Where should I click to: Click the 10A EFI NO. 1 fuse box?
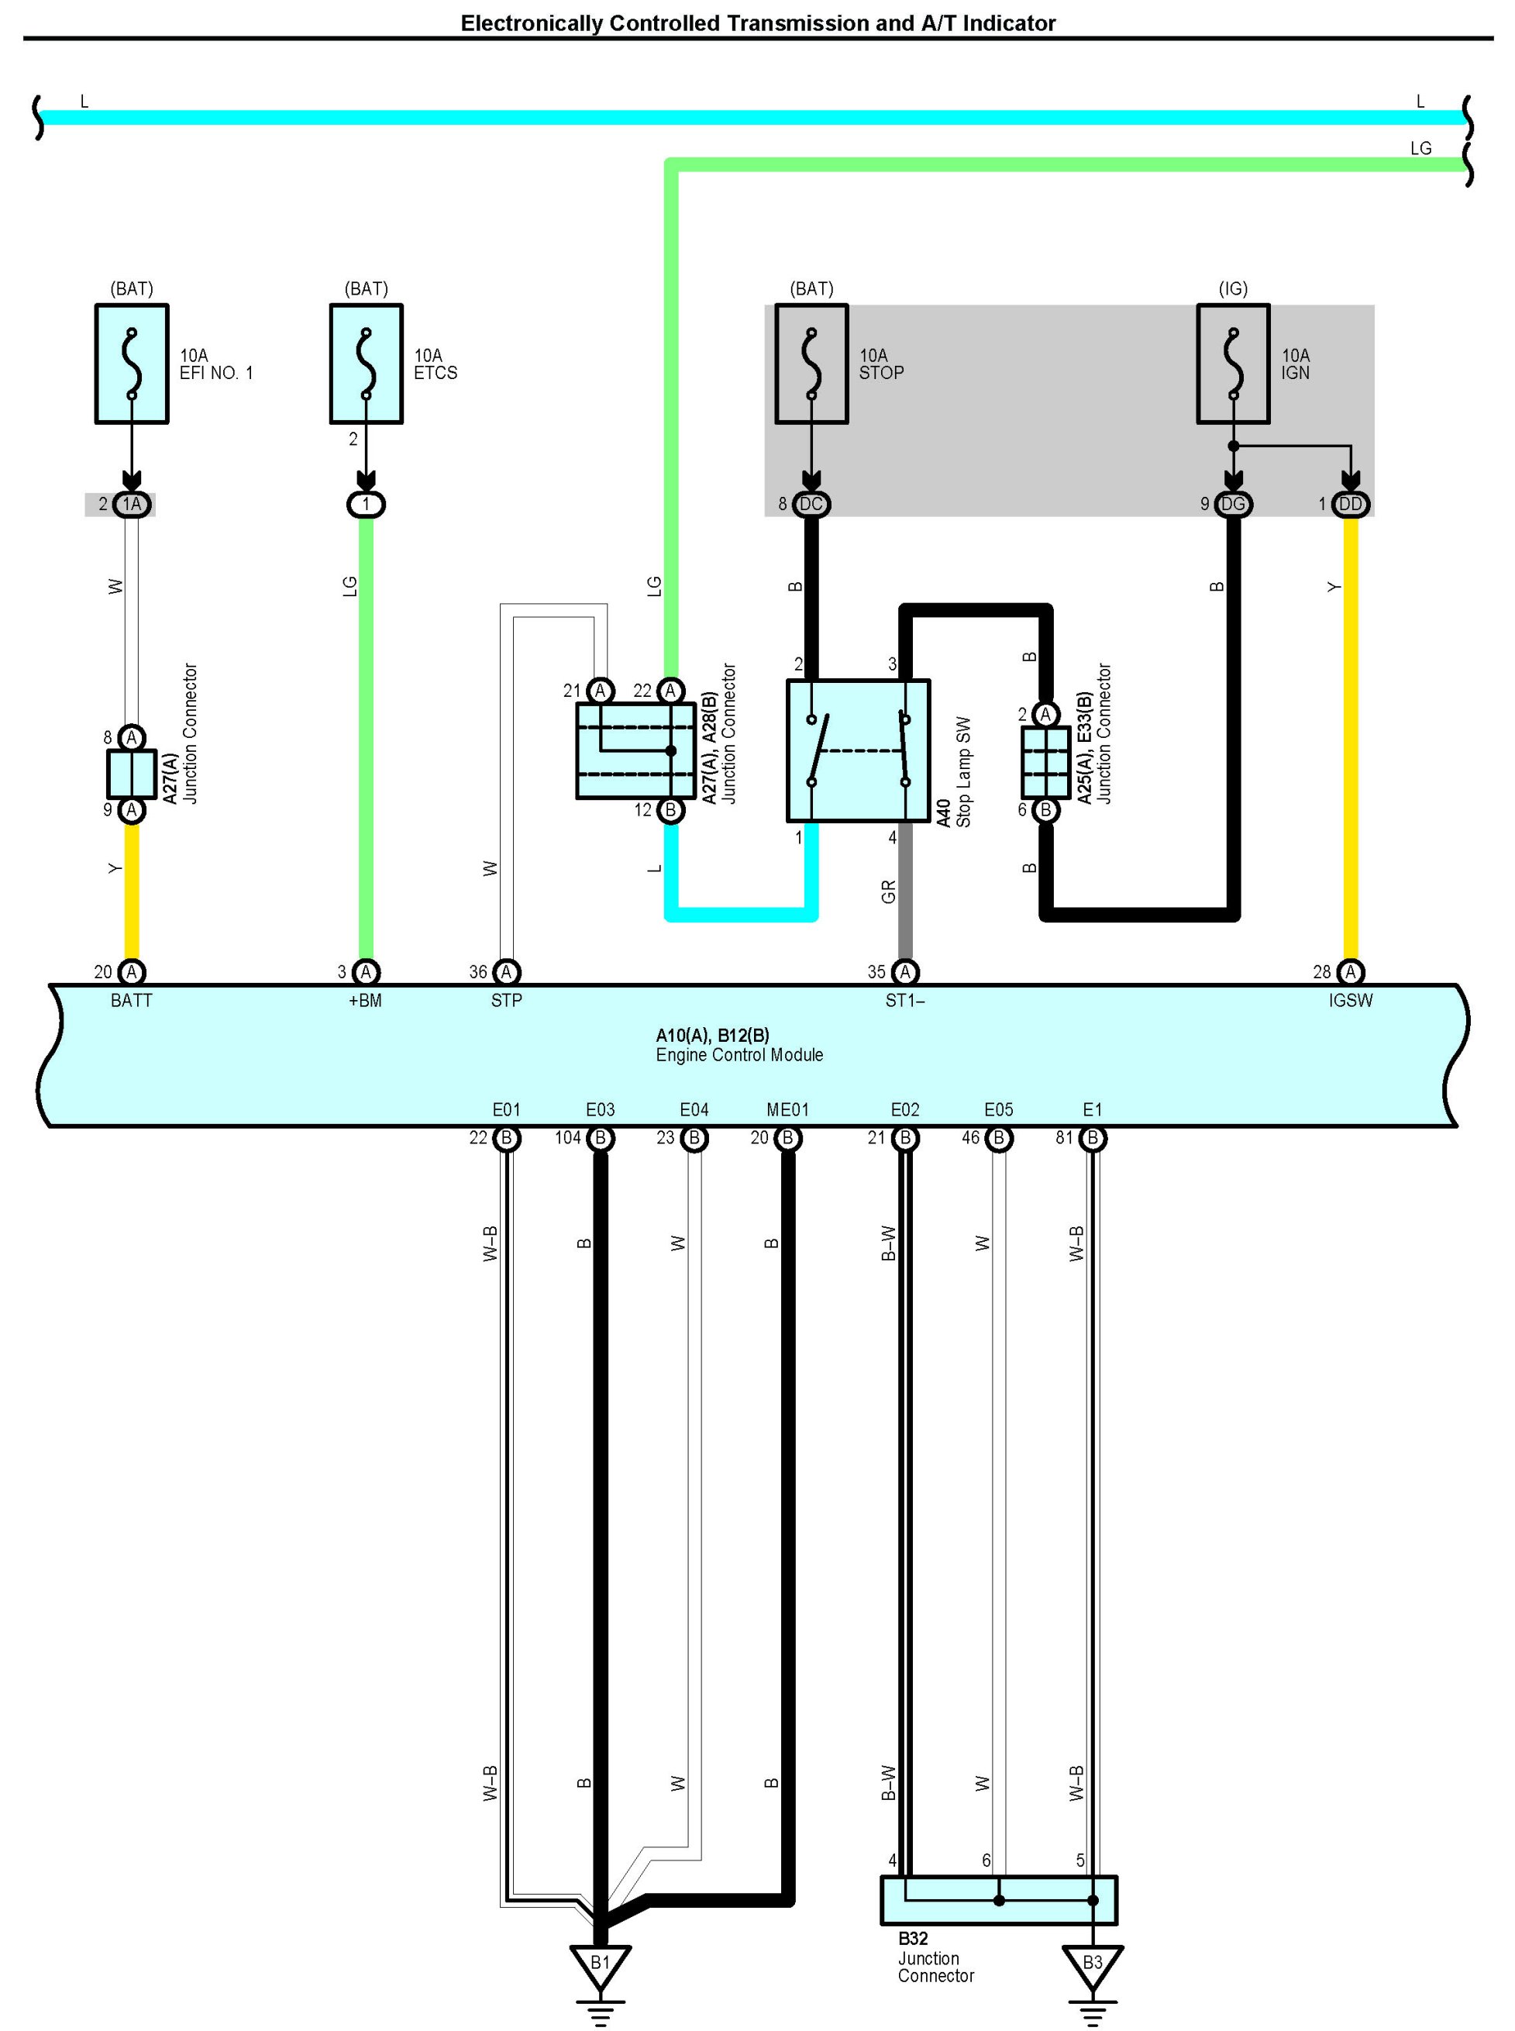tap(132, 364)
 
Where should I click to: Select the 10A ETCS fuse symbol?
tap(366, 364)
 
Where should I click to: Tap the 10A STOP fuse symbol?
tap(811, 364)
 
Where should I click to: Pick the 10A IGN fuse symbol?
tap(1233, 364)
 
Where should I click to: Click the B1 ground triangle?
tap(600, 1962)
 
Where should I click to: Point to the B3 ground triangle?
tap(1092, 1962)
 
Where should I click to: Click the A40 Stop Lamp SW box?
tap(859, 750)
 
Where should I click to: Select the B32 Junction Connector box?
tap(999, 1899)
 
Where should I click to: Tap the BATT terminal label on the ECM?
tap(131, 1001)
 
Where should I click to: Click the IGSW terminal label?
tap(1350, 1001)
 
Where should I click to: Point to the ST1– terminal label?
tap(904, 1001)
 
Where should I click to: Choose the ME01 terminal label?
tap(788, 1110)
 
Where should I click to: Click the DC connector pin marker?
tap(811, 504)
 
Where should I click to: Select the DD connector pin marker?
tap(1350, 504)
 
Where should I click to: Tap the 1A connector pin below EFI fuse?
tap(132, 504)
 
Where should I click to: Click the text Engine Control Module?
tap(739, 1055)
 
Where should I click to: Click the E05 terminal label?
tap(999, 1110)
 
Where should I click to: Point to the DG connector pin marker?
tap(1233, 504)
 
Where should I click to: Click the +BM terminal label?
tap(365, 1001)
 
